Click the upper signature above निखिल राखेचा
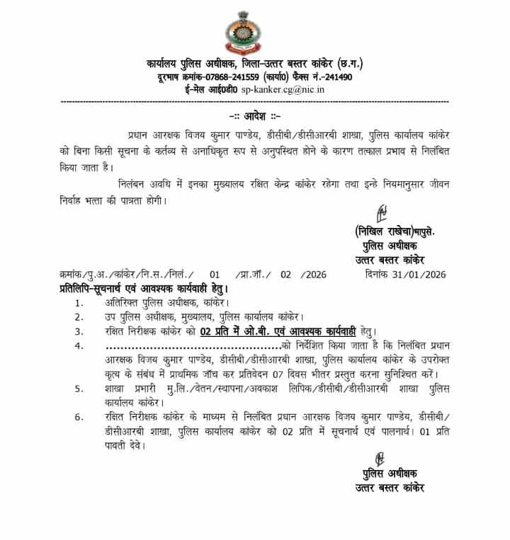[381, 212]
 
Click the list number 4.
[79, 345]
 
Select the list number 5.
[79, 389]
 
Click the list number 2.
[79, 316]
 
